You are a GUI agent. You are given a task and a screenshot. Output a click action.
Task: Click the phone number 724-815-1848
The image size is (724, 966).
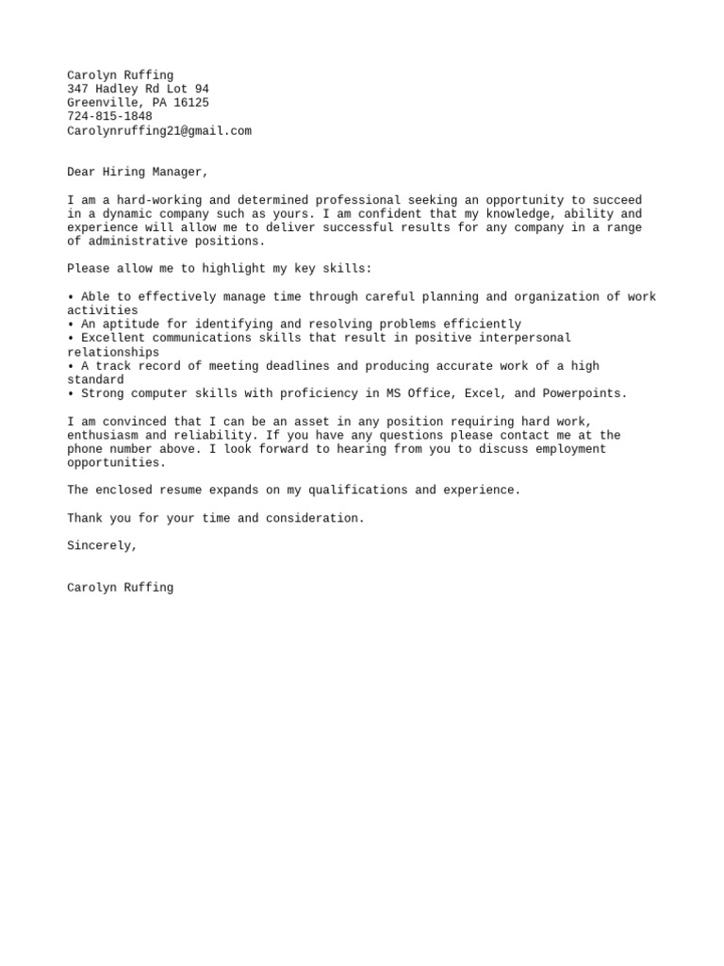pyautogui.click(x=109, y=117)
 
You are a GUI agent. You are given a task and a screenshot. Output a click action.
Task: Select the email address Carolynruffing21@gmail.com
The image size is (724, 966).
pyautogui.click(x=159, y=131)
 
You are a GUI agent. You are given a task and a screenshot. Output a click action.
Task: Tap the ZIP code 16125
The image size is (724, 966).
pyautogui.click(x=191, y=103)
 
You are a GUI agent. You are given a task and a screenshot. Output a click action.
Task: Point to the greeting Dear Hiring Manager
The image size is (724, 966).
pyautogui.click(x=138, y=173)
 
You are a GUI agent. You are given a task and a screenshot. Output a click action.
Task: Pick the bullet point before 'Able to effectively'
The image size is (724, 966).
pyautogui.click(x=71, y=297)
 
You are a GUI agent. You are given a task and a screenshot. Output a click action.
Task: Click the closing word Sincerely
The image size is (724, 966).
pyautogui.click(x=102, y=546)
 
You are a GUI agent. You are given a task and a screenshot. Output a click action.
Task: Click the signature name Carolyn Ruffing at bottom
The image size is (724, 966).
pyautogui.click(x=120, y=588)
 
